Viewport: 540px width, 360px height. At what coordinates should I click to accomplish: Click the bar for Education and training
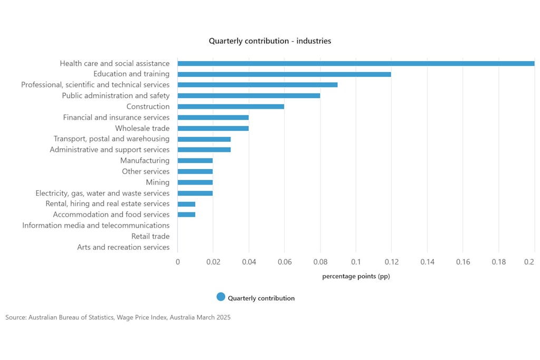[284, 74]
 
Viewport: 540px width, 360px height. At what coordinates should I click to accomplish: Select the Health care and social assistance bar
[356, 63]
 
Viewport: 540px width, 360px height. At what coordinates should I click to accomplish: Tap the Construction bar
[231, 106]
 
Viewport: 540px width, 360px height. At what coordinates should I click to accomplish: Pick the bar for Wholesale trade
[213, 128]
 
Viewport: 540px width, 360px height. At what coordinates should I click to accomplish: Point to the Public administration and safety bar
[249, 96]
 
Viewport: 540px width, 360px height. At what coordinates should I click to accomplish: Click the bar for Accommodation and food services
[187, 215]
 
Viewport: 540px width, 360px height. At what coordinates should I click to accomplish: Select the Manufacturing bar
[195, 161]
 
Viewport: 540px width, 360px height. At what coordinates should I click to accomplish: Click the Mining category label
[158, 182]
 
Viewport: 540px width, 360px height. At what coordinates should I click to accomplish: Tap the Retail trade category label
[150, 236]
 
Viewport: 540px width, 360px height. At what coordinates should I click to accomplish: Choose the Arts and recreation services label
[123, 247]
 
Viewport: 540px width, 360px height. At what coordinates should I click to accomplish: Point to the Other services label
[146, 171]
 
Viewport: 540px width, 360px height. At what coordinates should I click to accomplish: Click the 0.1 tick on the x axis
[356, 261]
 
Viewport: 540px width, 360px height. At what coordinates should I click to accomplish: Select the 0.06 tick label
[284, 261]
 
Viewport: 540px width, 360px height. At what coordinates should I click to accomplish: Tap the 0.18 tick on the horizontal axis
[498, 261]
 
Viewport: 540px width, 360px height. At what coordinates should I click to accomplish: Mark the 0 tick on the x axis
[178, 261]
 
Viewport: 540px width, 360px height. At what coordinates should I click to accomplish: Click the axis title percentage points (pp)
[356, 276]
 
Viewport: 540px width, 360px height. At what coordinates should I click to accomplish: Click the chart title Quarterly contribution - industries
[270, 41]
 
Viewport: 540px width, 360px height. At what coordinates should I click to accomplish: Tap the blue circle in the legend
[221, 297]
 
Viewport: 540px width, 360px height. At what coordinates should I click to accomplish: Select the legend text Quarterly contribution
[261, 298]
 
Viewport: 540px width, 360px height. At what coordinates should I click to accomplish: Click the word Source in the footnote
[15, 318]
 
